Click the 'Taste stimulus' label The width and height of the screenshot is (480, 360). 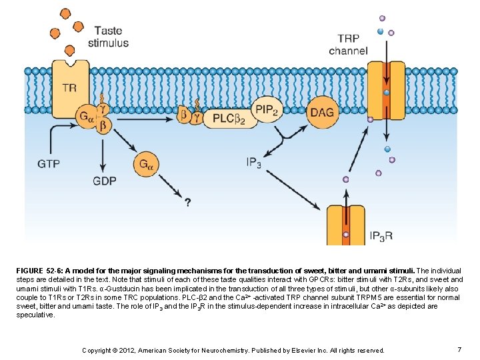coord(111,37)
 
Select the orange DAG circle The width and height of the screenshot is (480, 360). coord(321,113)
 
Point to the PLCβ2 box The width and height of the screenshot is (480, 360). coord(224,119)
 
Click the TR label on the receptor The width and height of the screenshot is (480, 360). coord(69,87)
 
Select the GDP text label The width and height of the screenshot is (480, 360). coord(105,181)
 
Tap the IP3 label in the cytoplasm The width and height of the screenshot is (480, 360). coord(253,162)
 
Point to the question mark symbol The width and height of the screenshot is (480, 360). coord(188,201)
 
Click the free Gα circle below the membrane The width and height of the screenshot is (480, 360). coord(147,163)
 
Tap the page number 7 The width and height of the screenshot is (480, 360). coord(459,349)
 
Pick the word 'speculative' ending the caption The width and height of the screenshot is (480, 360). coord(35,314)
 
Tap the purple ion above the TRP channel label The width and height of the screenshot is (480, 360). coord(382,19)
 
